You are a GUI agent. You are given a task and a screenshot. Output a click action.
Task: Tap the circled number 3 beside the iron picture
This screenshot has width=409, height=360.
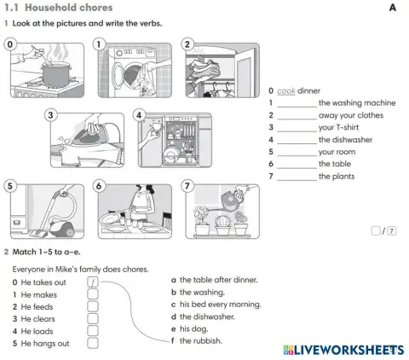[52, 116]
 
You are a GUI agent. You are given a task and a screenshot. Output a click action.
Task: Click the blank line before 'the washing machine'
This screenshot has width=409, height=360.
[297, 103]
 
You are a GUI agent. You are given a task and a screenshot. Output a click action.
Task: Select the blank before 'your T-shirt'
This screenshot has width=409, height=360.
[297, 128]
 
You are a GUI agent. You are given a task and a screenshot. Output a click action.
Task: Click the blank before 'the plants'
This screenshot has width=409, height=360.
[297, 177]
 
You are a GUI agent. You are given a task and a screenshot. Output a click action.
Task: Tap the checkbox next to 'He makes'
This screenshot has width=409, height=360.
[93, 294]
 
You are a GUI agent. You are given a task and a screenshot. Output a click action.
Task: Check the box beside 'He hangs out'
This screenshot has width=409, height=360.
[93, 344]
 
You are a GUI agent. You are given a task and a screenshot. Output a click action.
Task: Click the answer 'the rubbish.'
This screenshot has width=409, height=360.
[201, 340]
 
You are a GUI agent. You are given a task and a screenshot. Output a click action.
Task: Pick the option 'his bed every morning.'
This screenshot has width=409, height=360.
[220, 304]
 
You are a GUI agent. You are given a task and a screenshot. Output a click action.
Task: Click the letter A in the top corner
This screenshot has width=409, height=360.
[393, 8]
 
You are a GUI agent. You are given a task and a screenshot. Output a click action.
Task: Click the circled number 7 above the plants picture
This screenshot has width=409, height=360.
[188, 185]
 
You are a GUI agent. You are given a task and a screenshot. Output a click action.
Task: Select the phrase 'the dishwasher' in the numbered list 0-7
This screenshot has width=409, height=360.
[345, 140]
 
